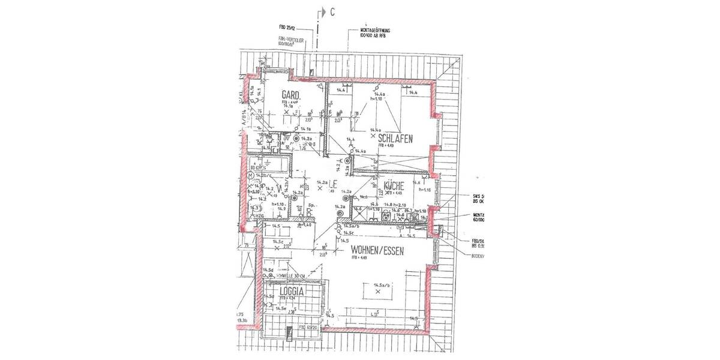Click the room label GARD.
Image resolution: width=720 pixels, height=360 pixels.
coord(291,95)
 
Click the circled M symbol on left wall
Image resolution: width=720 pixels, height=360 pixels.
coord(251,175)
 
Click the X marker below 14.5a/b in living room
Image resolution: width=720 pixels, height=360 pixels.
coord(377,292)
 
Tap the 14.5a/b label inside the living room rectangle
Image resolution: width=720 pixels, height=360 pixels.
coord(382,285)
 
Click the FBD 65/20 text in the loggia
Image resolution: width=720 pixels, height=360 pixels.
coord(307,328)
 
